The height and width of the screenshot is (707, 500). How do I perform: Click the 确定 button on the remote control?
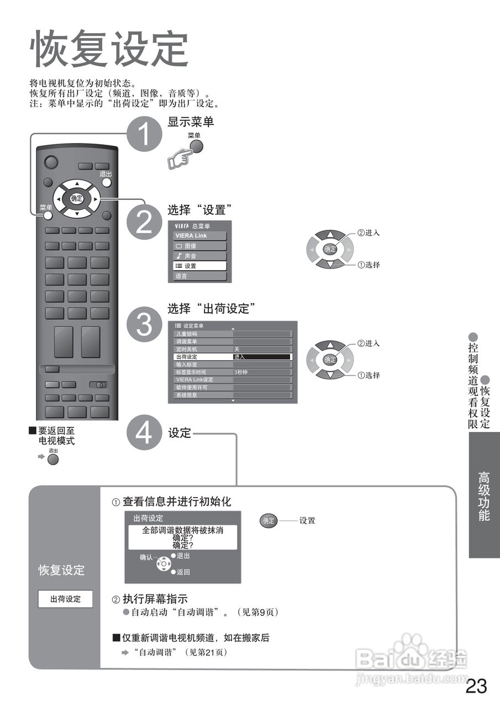(77, 198)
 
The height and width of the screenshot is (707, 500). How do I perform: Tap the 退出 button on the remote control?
(107, 183)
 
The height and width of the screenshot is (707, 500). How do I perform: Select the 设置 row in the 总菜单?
(200, 266)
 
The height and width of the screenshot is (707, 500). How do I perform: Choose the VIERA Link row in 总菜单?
(200, 236)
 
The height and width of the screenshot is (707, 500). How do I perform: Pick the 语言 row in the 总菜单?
(200, 276)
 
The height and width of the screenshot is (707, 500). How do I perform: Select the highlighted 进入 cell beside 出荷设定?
(262, 357)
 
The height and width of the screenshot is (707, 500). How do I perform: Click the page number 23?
(476, 686)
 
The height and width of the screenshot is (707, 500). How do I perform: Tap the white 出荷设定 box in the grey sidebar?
(65, 599)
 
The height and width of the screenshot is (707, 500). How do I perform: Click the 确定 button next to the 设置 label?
(268, 521)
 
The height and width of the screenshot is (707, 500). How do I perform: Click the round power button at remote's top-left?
(51, 162)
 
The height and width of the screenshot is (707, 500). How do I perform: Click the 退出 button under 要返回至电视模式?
(53, 459)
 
